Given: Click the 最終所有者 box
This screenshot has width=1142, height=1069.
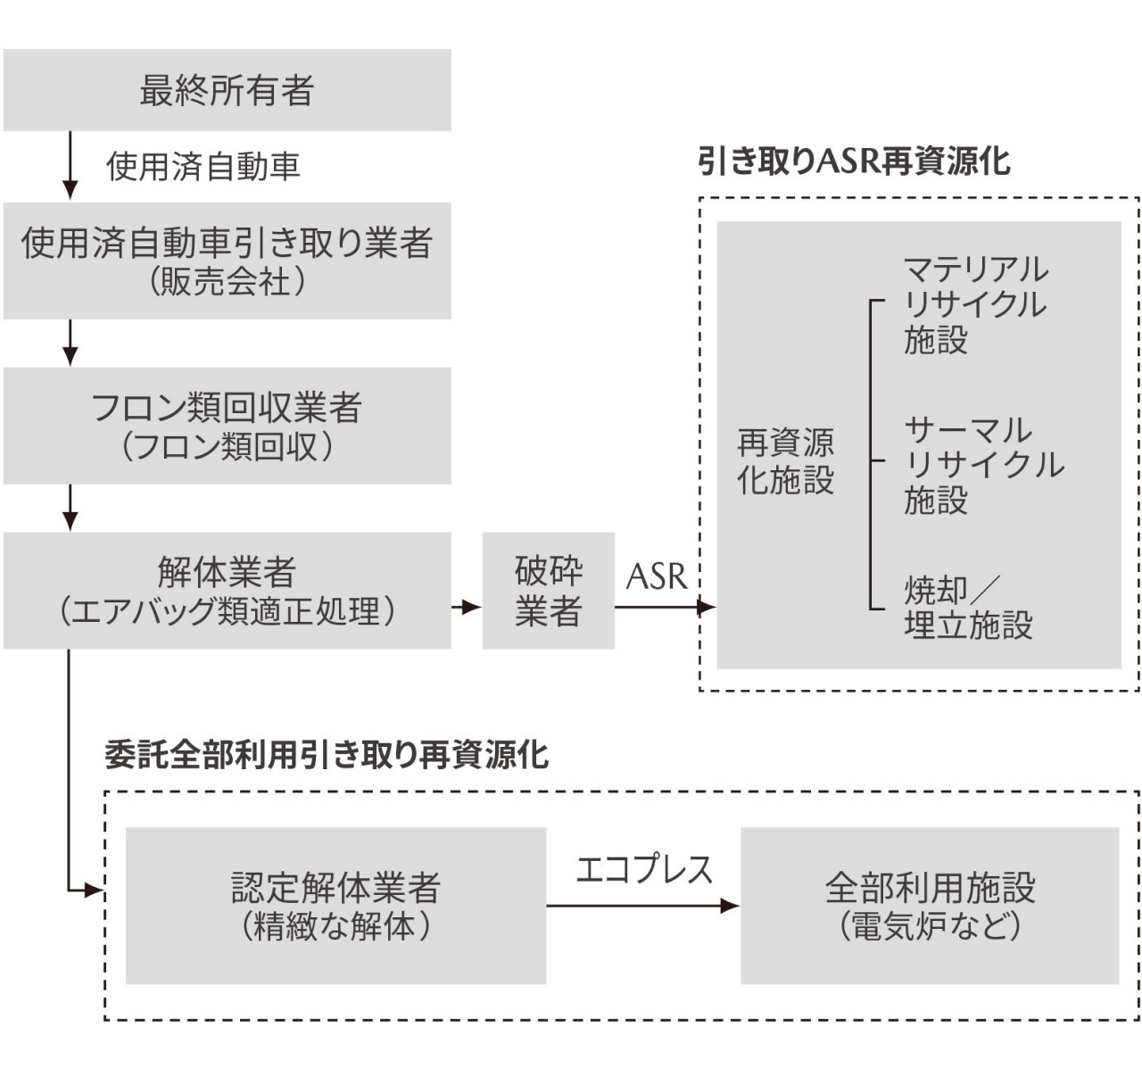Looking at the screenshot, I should pyautogui.click(x=227, y=90).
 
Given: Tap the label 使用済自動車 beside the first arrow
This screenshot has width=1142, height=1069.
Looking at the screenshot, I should pyautogui.click(x=203, y=167).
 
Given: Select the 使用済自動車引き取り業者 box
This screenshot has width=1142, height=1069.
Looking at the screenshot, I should pyautogui.click(x=227, y=261).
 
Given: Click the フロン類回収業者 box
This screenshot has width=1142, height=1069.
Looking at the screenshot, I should pyautogui.click(x=227, y=426).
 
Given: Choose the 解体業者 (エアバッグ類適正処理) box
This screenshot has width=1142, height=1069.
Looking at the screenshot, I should pyautogui.click(x=227, y=591).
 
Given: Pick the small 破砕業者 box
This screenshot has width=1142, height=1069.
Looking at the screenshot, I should pyautogui.click(x=548, y=591).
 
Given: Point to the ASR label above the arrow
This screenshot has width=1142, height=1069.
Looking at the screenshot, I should pyautogui.click(x=657, y=577).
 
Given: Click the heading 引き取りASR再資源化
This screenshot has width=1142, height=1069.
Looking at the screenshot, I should pyautogui.click(x=854, y=162).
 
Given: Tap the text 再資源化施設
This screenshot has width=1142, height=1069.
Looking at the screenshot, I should pyautogui.click(x=785, y=461).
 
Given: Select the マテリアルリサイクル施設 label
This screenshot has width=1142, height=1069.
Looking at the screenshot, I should pyautogui.click(x=974, y=304).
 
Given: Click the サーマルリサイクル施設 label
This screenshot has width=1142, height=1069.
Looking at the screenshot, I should pyautogui.click(x=981, y=465).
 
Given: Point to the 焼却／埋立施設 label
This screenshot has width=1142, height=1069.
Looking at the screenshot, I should pyautogui.click(x=967, y=608).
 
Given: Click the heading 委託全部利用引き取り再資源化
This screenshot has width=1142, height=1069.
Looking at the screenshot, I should pyautogui.click(x=327, y=756).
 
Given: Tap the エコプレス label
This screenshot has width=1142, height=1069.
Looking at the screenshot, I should pyautogui.click(x=644, y=869).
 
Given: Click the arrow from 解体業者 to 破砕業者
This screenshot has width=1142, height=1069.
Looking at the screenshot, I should pyautogui.click(x=466, y=608).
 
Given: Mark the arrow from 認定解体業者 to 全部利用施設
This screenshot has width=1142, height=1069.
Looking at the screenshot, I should pyautogui.click(x=642, y=906).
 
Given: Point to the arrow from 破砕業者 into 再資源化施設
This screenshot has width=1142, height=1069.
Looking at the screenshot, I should pyautogui.click(x=665, y=608).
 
